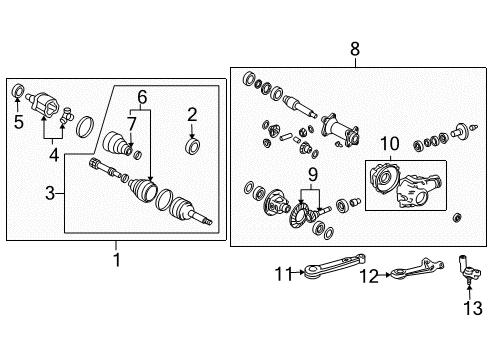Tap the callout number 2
click(x=192, y=114)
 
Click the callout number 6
click(x=142, y=97)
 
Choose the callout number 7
click(x=132, y=124)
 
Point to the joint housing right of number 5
click(x=44, y=102)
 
